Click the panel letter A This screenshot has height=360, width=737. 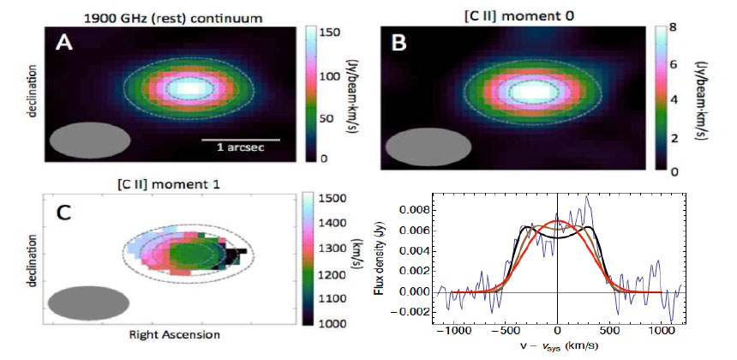tap(63, 43)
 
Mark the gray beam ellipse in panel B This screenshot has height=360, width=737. tap(422, 147)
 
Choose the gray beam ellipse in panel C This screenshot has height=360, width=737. tap(87, 303)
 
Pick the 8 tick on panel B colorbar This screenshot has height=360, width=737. tap(673, 27)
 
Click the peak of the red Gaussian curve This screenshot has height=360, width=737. tap(558, 221)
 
